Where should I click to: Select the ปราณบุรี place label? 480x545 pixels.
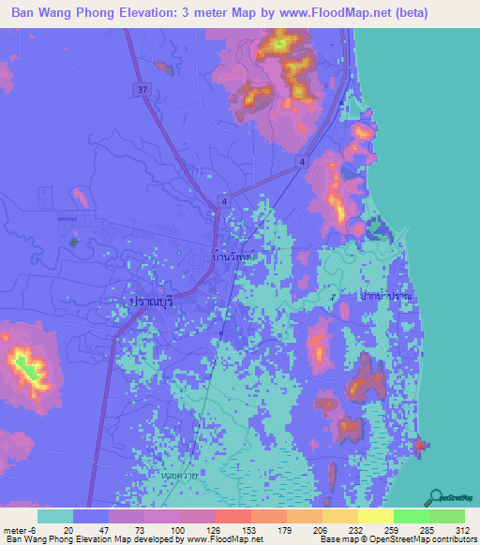pos(148,302)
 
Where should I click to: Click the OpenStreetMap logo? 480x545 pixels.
pos(453,497)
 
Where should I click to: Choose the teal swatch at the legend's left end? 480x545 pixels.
pos(55,516)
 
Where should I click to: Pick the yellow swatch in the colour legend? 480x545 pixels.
pos(376,516)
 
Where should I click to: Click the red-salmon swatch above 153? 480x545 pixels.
pos(233,516)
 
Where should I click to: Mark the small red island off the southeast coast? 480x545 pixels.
pos(418,448)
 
